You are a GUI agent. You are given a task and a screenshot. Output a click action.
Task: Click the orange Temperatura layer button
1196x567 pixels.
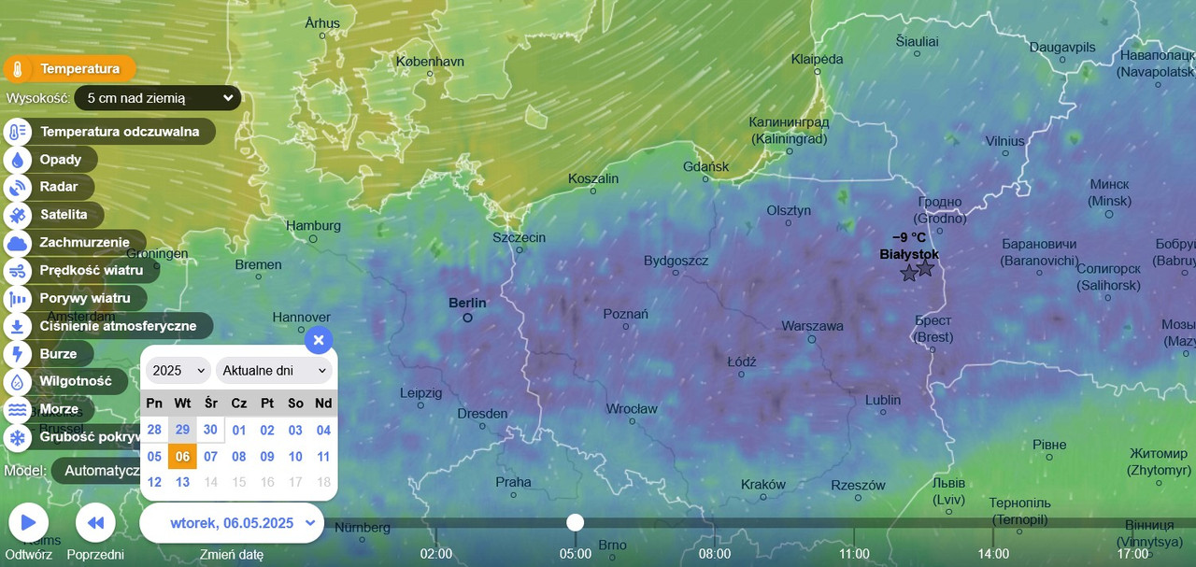(69, 68)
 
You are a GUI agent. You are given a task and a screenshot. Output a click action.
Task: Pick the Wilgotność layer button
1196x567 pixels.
(65, 381)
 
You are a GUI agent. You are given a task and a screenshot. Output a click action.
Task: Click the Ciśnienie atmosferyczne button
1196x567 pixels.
(108, 326)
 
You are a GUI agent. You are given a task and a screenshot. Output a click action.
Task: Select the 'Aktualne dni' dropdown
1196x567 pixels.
(275, 370)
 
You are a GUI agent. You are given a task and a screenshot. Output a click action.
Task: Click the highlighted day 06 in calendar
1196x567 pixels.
(182, 457)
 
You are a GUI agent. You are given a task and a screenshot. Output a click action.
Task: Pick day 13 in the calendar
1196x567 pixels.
(182, 483)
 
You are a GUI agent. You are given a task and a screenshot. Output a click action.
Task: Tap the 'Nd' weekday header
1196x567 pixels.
(323, 403)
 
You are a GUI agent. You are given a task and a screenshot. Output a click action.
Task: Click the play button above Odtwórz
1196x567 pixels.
(28, 522)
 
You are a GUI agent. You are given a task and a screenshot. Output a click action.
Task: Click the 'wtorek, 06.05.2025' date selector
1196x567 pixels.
(232, 523)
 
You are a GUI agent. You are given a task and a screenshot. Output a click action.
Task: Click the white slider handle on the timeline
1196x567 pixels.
(576, 522)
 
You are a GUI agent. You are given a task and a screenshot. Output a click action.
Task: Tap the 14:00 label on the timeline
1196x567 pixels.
(992, 554)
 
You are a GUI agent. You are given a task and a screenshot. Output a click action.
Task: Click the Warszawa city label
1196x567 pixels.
(812, 326)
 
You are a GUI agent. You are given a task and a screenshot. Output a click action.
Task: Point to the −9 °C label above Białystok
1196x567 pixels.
(909, 237)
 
